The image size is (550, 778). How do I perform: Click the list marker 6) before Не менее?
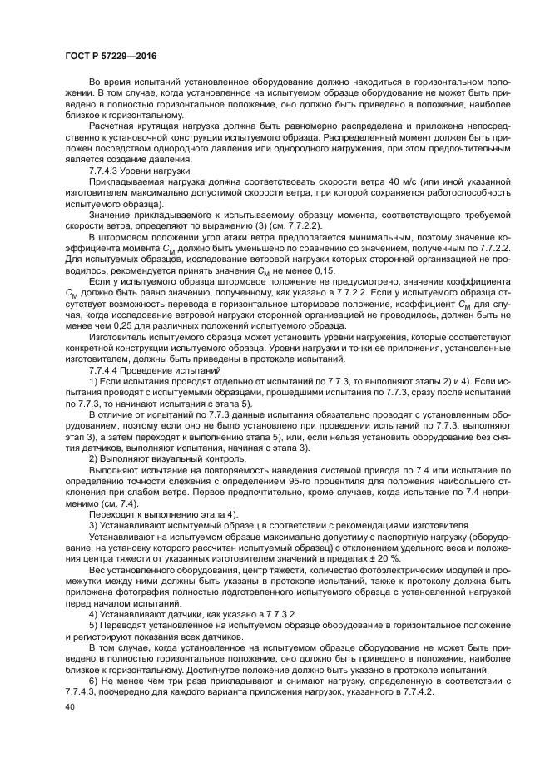93,681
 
